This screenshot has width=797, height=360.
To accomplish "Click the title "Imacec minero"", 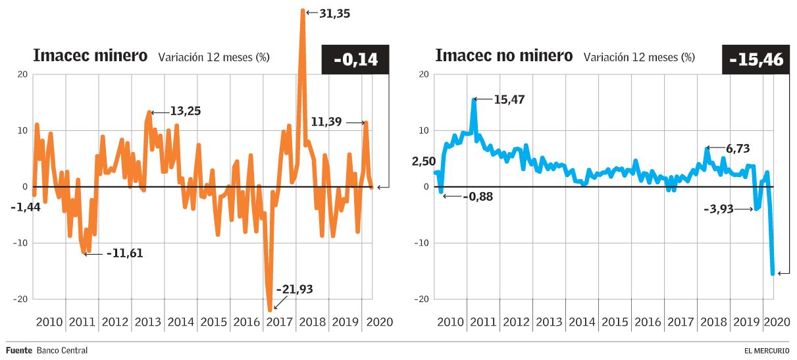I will [x=90, y=56].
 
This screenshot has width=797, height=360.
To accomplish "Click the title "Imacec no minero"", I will [x=504, y=56].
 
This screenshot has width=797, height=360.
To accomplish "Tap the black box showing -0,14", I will [x=355, y=60].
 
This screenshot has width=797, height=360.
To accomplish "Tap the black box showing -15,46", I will [x=756, y=60].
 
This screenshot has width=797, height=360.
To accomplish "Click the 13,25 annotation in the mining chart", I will [x=185, y=111].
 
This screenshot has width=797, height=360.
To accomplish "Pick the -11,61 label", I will [x=124, y=253].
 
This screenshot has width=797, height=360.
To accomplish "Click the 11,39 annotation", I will [x=327, y=122].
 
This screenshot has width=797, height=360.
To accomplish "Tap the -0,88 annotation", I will [x=478, y=196].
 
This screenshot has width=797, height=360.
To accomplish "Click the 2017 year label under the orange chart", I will [x=279, y=322].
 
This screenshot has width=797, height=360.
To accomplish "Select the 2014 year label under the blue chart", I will [x=582, y=322].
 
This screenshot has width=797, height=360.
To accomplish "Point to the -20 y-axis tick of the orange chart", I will [x=19, y=299].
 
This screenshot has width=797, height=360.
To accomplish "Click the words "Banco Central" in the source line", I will [x=62, y=350].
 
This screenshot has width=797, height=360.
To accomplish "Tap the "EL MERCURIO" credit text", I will [x=767, y=351].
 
